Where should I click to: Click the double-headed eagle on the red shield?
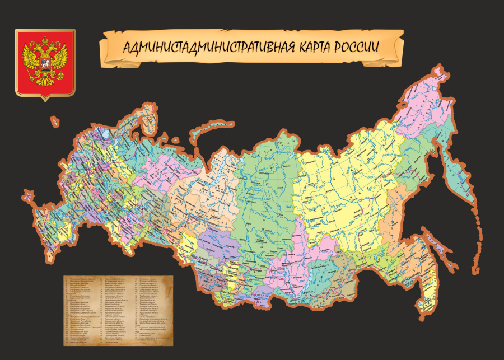pyautogui.click(x=44, y=61)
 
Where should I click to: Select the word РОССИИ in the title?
pyautogui.click(x=357, y=47)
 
